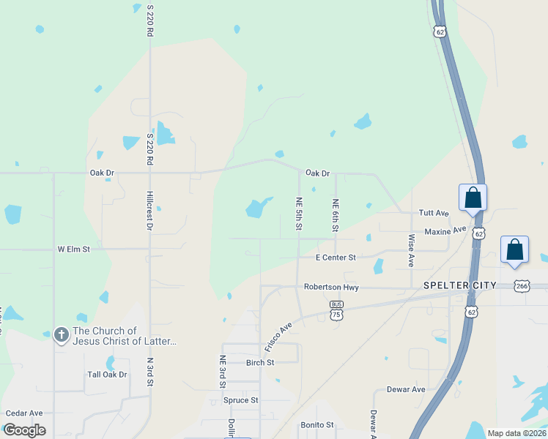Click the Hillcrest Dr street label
(x=149, y=212)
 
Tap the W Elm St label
(x=73, y=249)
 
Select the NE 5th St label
(x=299, y=214)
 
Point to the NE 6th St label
(x=336, y=216)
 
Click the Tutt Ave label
(x=433, y=213)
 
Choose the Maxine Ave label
(x=445, y=231)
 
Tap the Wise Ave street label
(x=411, y=250)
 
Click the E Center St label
(x=336, y=258)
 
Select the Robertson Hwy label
(x=331, y=288)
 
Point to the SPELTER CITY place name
(x=460, y=285)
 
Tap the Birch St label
(x=260, y=362)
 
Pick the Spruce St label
(x=241, y=400)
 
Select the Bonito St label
(x=317, y=424)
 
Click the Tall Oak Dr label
(x=107, y=375)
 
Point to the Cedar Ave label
(x=24, y=413)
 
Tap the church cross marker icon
(x=62, y=336)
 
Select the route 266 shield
(x=521, y=285)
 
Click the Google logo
(x=24, y=430)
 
